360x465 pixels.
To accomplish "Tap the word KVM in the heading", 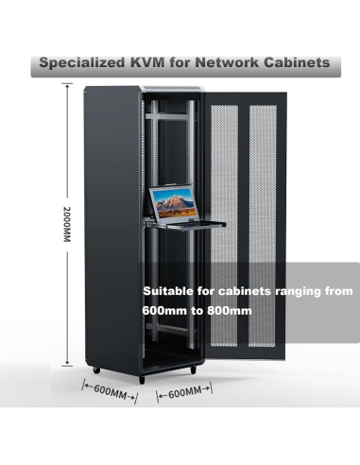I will click(154, 63).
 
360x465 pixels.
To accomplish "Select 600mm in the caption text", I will click(164, 310).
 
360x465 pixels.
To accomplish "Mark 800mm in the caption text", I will click(234, 310).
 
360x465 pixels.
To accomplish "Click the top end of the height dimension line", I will click(66, 86).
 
